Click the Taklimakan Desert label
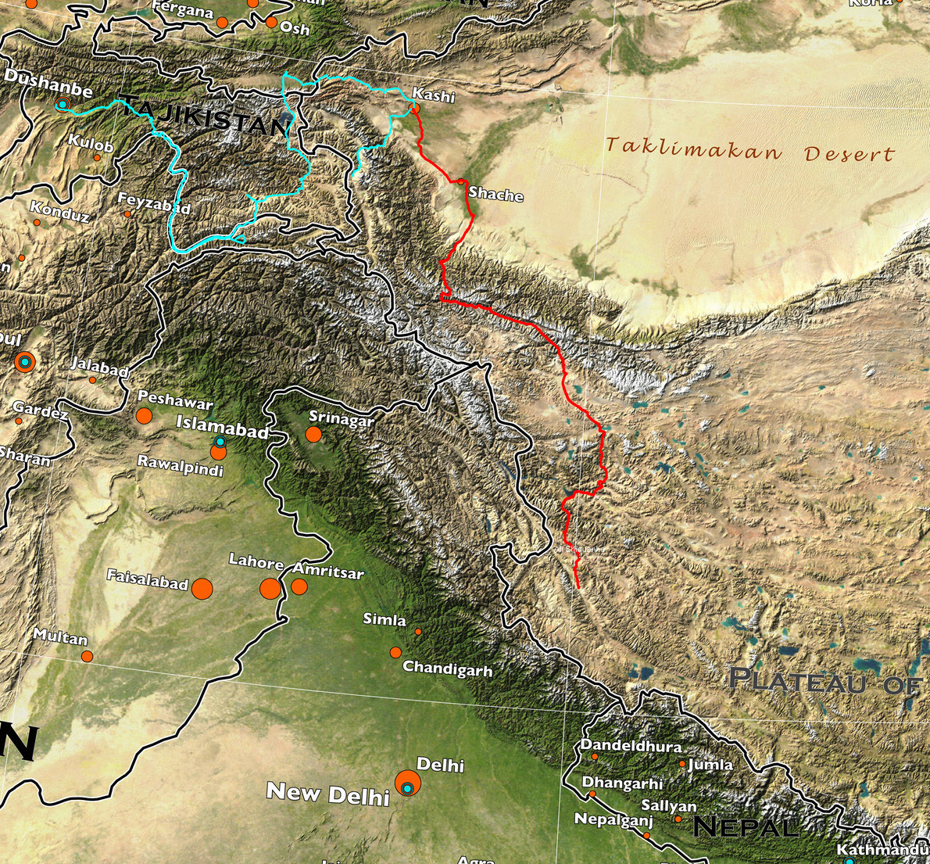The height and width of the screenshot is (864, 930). pyautogui.click(x=749, y=150)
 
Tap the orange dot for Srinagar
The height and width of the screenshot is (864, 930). pyautogui.click(x=313, y=434)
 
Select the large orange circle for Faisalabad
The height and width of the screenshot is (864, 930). pyautogui.click(x=202, y=588)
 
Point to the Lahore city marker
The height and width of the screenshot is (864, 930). pyautogui.click(x=270, y=588)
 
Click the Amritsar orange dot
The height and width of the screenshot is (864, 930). pyautogui.click(x=299, y=586)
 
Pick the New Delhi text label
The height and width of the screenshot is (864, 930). pyautogui.click(x=327, y=794)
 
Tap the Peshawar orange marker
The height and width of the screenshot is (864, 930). pyautogui.click(x=144, y=416)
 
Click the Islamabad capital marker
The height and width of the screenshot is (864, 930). pyautogui.click(x=220, y=442)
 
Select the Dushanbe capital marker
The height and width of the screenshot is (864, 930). pyautogui.click(x=63, y=104)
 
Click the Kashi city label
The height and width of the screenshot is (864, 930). pyautogui.click(x=433, y=95)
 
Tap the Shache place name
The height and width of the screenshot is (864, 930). pyautogui.click(x=495, y=193)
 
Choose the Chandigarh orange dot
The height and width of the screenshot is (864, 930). pyautogui.click(x=395, y=652)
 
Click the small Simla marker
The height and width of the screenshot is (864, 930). pyautogui.click(x=418, y=631)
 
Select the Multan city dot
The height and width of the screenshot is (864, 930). pyautogui.click(x=87, y=656)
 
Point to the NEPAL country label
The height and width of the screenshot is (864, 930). pyautogui.click(x=745, y=826)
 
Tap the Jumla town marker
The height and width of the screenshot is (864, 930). pyautogui.click(x=681, y=764)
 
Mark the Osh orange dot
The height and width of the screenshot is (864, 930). pyautogui.click(x=271, y=23)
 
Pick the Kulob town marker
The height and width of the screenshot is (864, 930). pyautogui.click(x=97, y=157)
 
